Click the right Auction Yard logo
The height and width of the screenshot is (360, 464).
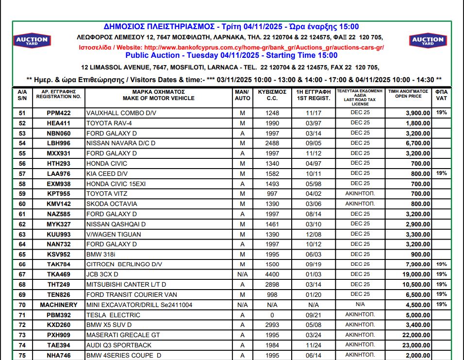click(428, 40)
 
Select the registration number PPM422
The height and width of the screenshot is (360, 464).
click(59, 113)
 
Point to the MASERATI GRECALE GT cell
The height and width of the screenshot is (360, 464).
click(123, 335)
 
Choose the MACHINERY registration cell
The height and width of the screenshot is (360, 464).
click(59, 305)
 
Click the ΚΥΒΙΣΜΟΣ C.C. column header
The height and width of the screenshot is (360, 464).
click(272, 95)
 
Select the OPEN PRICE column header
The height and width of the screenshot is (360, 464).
click(408, 94)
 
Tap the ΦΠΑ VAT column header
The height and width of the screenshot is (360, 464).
click(442, 95)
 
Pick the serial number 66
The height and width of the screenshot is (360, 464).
click(22, 265)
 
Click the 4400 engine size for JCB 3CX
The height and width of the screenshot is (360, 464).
click(272, 274)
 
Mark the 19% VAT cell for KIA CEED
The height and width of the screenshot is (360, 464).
click(441, 173)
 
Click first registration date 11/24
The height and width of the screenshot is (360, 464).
click(314, 345)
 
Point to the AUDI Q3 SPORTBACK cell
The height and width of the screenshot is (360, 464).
click(119, 345)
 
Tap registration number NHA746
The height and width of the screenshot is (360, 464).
click(59, 356)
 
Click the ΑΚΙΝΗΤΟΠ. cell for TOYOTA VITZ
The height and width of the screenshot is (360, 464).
click(360, 193)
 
